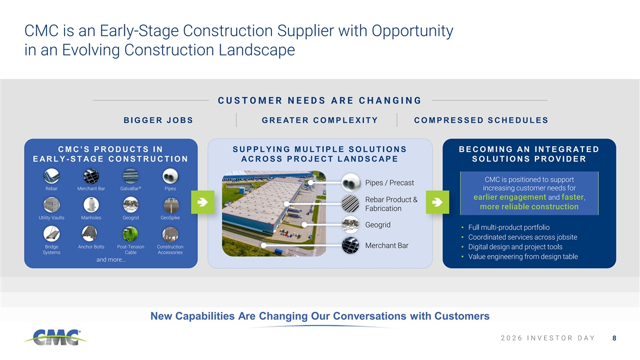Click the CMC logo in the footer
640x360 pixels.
(55, 338)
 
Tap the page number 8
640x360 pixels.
(614, 338)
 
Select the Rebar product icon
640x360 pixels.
(51, 176)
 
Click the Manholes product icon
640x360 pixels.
(91, 205)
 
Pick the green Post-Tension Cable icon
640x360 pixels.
(131, 234)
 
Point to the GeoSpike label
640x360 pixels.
(170, 218)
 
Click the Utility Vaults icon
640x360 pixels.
(51, 205)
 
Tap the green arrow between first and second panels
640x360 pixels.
(203, 202)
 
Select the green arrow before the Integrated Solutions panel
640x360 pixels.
(437, 202)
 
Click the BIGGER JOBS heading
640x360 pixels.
(158, 121)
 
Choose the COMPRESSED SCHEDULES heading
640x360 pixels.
(481, 121)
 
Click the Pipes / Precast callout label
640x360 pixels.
(389, 183)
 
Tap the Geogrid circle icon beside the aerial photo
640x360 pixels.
(350, 225)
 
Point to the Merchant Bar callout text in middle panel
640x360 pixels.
(387, 246)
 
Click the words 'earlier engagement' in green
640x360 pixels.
(510, 197)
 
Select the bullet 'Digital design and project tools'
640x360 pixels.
(515, 247)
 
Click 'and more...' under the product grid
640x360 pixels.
(111, 260)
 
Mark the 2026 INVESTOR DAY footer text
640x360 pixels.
(548, 338)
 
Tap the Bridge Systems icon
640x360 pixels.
(51, 234)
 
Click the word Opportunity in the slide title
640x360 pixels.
(412, 31)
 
